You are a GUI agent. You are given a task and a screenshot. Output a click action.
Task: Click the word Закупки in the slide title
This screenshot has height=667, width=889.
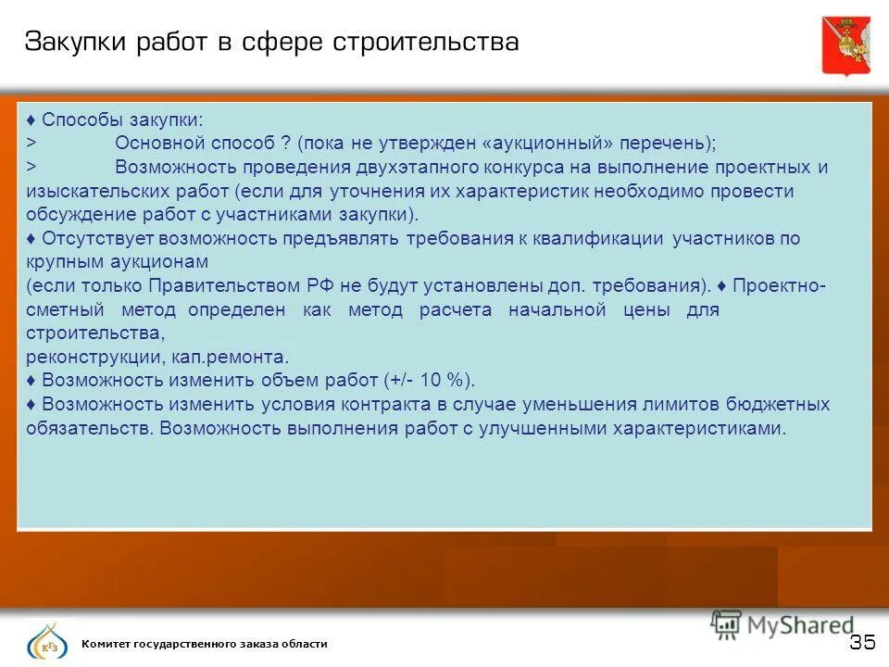tap(75, 44)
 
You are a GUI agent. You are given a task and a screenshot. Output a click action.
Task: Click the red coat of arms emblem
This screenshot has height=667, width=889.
tap(845, 44)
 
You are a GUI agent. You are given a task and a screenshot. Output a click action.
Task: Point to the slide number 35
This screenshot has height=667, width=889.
tap(861, 643)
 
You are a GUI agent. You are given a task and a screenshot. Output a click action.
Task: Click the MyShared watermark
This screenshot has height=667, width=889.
tap(783, 624)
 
